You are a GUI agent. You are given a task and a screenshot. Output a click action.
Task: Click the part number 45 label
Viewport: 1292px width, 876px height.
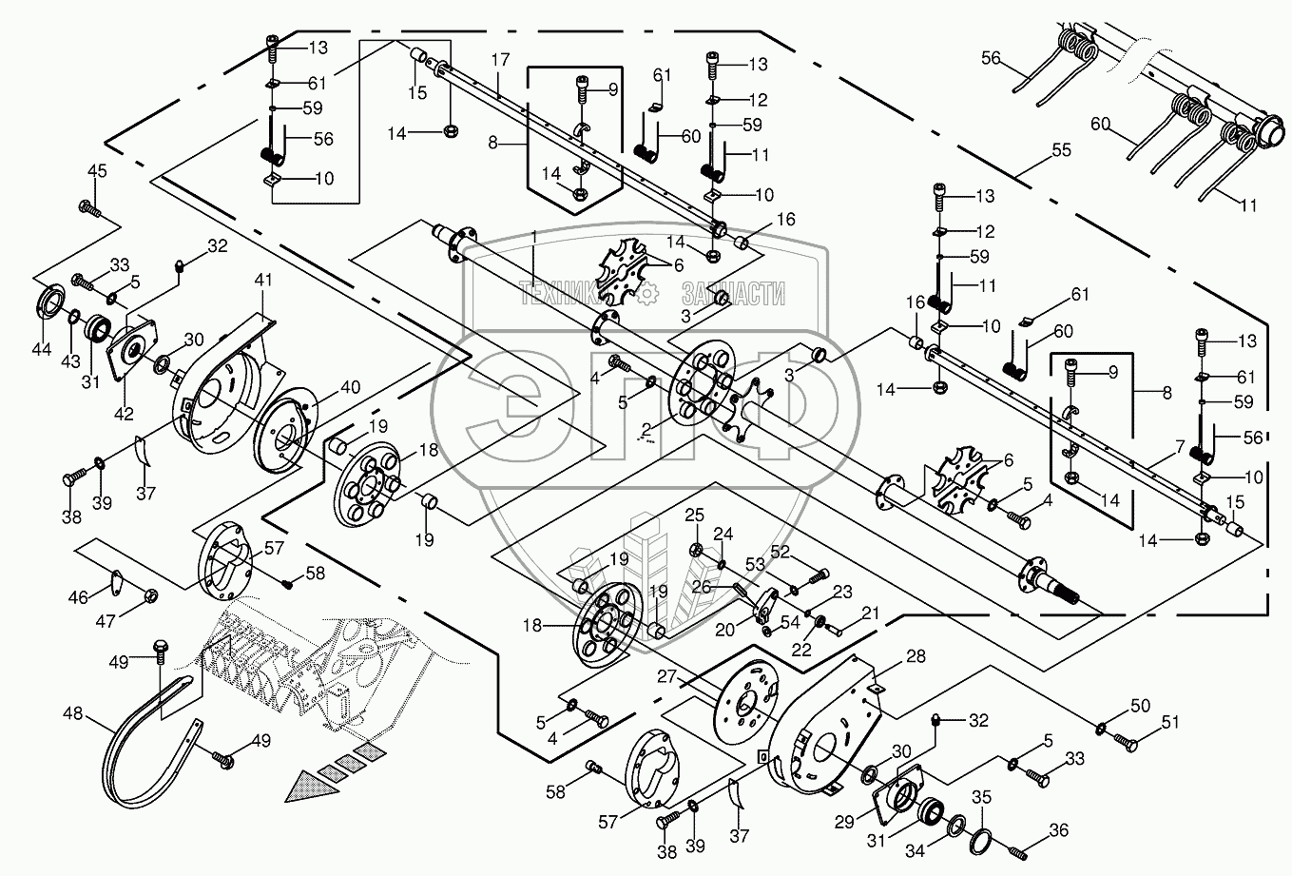point(97,170)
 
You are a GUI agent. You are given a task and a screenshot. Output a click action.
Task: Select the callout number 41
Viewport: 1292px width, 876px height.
point(263,281)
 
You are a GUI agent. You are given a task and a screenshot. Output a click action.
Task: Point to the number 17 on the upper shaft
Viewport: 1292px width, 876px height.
point(501,60)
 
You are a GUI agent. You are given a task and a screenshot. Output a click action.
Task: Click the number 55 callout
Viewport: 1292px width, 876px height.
point(1061,150)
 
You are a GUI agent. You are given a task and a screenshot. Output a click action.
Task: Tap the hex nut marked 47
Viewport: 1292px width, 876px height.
point(150,596)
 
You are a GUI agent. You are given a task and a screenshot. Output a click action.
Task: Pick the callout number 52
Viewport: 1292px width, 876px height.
point(781,551)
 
